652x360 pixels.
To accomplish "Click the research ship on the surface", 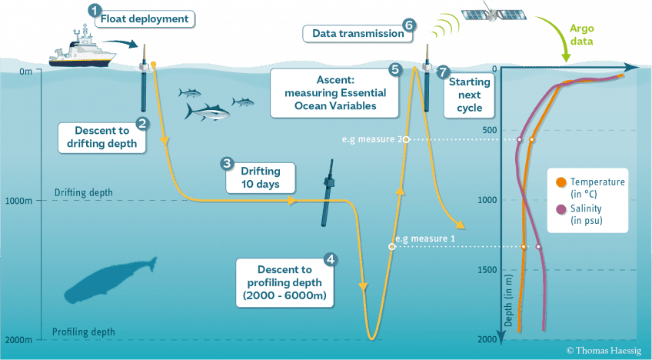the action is (x=82, y=49).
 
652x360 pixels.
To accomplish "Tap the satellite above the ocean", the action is (x=494, y=13).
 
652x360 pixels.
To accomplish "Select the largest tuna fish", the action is (x=208, y=112).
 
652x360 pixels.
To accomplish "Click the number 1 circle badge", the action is (x=95, y=11).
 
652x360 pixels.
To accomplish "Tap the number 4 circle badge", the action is (x=331, y=260).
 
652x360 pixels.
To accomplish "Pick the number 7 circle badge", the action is (x=444, y=72).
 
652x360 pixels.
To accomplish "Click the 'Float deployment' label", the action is (x=145, y=19).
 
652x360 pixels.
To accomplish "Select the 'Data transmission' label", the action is (x=358, y=34).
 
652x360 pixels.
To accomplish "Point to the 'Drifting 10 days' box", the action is (x=261, y=178).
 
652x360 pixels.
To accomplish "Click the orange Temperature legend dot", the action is (x=561, y=182).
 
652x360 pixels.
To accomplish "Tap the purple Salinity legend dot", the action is (x=561, y=209).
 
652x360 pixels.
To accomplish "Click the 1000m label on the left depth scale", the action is (x=18, y=201).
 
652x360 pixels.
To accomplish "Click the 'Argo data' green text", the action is (x=581, y=35).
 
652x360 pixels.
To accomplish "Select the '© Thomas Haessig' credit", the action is (x=604, y=351).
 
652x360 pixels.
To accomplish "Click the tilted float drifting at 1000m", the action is (x=328, y=193).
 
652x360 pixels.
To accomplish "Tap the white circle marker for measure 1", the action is (x=391, y=247).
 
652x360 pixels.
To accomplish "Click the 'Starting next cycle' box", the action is (x=469, y=95).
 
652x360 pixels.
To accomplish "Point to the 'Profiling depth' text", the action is (x=84, y=332).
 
